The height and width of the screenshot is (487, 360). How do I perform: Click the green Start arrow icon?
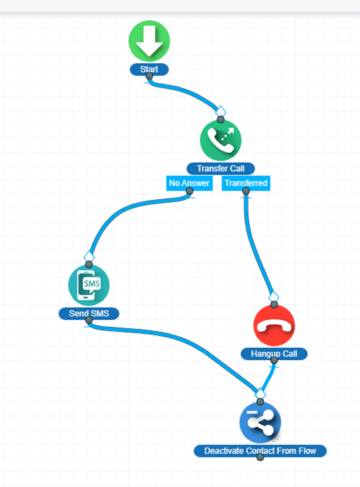[x=149, y=41]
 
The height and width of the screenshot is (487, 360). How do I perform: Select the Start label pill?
[x=149, y=69]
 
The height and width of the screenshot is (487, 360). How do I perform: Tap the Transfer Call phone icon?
[x=220, y=140]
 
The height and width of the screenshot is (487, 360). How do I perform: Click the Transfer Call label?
[x=220, y=169]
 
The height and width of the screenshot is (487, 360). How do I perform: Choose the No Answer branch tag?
[x=189, y=183]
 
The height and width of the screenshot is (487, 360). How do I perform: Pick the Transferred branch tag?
[x=246, y=183]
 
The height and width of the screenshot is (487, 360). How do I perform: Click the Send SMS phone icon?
[x=89, y=285]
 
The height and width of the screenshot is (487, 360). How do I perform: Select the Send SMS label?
[x=89, y=313]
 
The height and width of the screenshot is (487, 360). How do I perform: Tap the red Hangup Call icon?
[x=274, y=325]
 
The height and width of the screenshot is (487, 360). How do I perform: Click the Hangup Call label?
[x=274, y=354]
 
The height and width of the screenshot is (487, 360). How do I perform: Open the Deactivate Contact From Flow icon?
[x=260, y=423]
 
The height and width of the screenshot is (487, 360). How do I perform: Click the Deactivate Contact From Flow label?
[x=260, y=451]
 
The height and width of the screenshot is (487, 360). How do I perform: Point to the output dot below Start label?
[x=149, y=76]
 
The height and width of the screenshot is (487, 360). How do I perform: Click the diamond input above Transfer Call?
[x=220, y=112]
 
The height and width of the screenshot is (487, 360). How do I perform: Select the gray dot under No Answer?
[x=189, y=191]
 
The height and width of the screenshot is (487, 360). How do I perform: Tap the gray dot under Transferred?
[x=246, y=191]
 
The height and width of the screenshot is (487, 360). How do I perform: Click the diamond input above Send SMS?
[x=89, y=256]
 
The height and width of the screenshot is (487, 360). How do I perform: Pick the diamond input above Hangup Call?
[x=274, y=297]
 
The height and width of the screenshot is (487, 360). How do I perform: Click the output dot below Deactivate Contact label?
[x=260, y=457]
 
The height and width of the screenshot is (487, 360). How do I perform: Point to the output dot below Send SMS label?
[x=89, y=320]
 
